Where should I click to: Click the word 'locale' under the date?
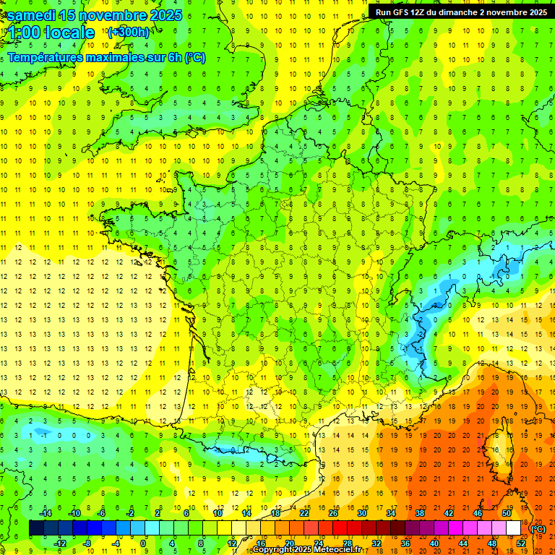coord(69,33)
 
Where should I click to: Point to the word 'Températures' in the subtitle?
coord(47,57)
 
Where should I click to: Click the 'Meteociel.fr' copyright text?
coord(335,550)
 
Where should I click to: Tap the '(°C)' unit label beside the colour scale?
coord(538,529)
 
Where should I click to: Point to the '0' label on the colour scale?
coord(143,543)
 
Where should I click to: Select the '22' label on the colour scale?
coord(304,512)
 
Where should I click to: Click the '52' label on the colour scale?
coord(520,543)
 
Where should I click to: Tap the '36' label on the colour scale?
coord(405,543)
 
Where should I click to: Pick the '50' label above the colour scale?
coord(506,512)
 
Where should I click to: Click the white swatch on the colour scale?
coord(513,528)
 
